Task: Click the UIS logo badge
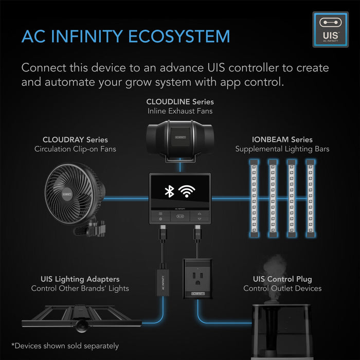pyautogui.click(x=330, y=30)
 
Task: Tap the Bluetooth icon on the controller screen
pyautogui.click(x=169, y=191)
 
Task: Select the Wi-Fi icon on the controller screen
pyautogui.click(x=187, y=191)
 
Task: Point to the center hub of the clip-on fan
pyautogui.click(x=67, y=194)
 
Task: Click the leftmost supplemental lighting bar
pyautogui.click(x=254, y=198)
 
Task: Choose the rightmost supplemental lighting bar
pyautogui.click(x=311, y=198)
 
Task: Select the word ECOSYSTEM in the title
pyautogui.click(x=179, y=37)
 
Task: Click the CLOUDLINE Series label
pyautogui.click(x=180, y=102)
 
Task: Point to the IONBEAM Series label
pyautogui.click(x=282, y=139)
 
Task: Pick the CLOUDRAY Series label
pyautogui.click(x=75, y=139)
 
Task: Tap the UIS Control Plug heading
pyautogui.click(x=282, y=279)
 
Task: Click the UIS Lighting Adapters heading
pyautogui.click(x=80, y=279)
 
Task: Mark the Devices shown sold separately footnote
pyautogui.click(x=65, y=346)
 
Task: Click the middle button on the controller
pyautogui.click(x=180, y=217)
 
